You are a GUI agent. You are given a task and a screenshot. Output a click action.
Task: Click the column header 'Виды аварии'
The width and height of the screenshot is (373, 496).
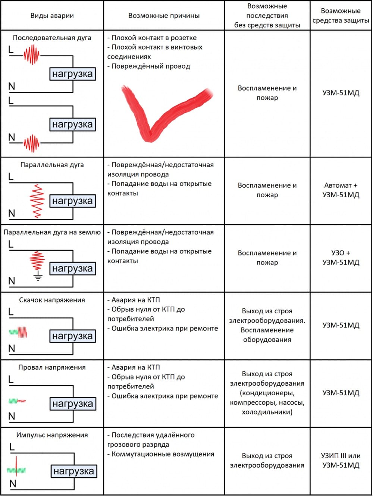52,16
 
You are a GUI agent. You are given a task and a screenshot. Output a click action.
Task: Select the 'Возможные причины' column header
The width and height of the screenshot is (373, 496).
164,16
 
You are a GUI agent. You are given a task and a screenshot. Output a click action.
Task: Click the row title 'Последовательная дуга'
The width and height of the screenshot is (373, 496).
52,38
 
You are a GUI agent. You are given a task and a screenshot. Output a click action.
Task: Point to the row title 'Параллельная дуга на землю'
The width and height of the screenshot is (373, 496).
52,232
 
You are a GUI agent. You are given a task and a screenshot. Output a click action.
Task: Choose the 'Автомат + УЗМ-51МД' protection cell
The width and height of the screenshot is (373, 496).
341,190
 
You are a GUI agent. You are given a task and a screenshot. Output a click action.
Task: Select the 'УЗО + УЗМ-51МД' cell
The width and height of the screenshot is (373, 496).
341,257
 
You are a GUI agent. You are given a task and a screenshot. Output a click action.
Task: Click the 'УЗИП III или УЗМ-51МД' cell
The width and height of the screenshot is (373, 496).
341,460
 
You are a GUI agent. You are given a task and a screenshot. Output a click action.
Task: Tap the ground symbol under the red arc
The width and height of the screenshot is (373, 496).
38,277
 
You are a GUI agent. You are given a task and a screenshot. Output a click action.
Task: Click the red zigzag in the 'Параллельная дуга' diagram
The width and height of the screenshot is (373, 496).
37,201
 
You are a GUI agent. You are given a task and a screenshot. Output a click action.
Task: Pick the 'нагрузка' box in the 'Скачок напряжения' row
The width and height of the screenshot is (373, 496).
72,336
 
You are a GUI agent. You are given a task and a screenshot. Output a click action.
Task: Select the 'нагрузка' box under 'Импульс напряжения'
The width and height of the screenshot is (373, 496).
73,471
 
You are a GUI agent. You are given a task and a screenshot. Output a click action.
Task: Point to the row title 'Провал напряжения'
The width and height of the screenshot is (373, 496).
52,367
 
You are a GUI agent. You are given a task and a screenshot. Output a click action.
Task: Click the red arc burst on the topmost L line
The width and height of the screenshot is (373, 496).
32,55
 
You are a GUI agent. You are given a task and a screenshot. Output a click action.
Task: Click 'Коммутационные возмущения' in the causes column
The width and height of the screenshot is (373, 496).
163,454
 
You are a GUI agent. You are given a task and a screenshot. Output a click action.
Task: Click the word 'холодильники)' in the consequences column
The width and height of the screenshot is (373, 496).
267,412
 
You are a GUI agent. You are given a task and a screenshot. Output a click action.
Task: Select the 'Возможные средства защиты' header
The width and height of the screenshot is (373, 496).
341,16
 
